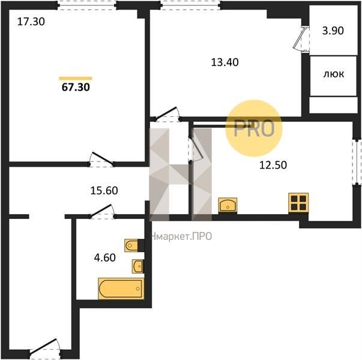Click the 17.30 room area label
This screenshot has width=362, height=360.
pos(31,22)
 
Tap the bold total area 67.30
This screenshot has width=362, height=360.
pos(76,87)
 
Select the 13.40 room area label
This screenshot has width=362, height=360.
pos(225,62)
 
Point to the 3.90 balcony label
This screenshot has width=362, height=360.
pos(333,31)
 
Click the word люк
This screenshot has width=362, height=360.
pos(334,74)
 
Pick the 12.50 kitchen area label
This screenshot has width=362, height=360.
pos(273,165)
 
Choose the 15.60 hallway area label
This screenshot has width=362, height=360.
pos(104,191)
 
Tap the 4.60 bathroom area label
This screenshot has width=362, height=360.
pos(105,257)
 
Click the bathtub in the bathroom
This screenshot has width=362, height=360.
pos(121,289)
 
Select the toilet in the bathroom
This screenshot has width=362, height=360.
pos(131,245)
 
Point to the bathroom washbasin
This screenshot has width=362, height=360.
pos(138,266)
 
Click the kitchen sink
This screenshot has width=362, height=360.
pos(228,205)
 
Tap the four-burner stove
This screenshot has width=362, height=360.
pos(298,203)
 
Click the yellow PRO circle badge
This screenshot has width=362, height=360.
pos(254,128)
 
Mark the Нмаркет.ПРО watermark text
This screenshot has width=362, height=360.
pos(181,236)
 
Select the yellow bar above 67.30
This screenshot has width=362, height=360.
pos(76,79)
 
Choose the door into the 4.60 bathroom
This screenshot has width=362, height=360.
pos(102,212)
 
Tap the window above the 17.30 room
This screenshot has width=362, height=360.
pos(87,5)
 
